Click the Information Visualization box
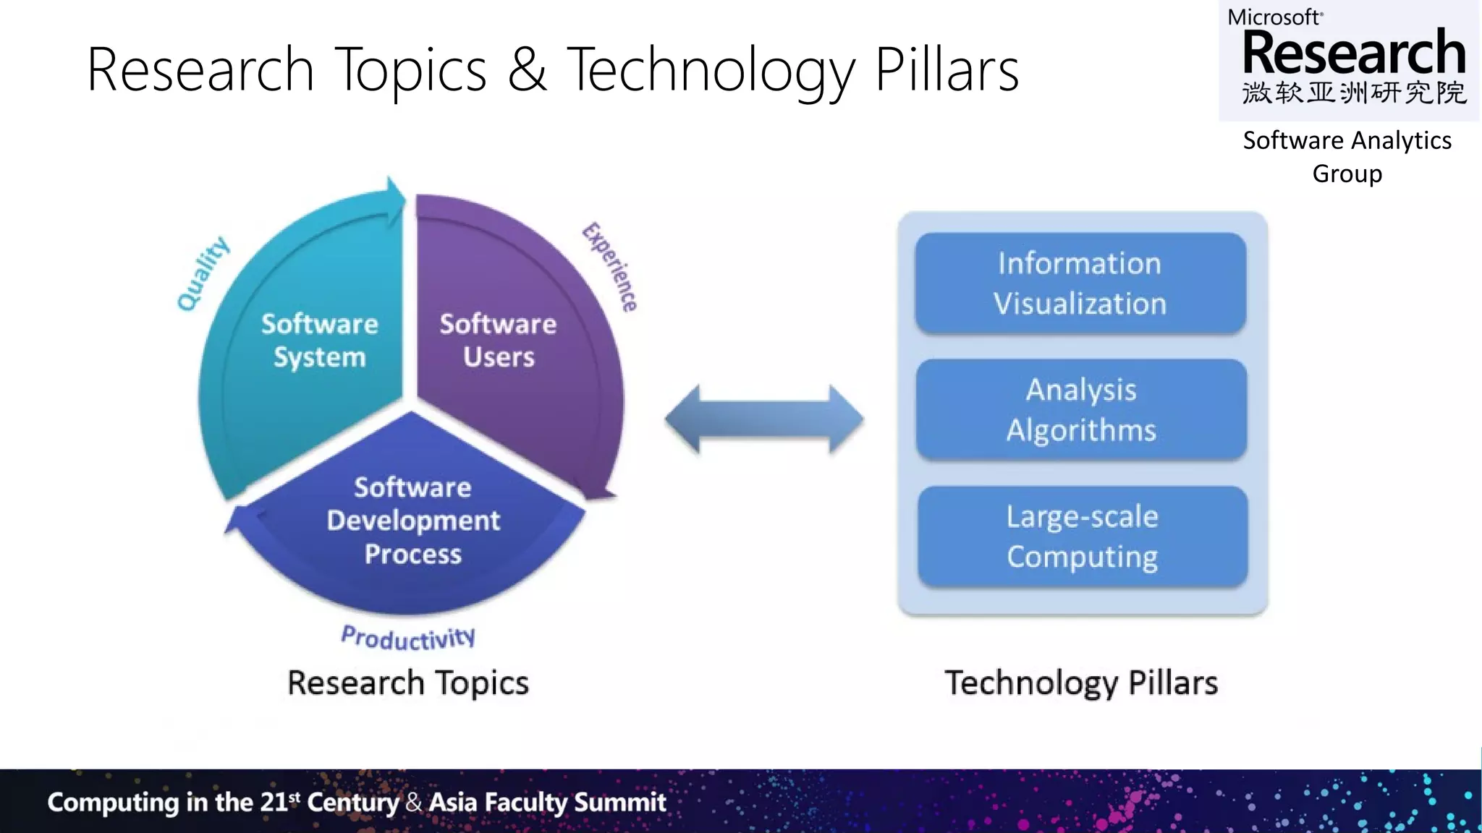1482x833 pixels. click(1080, 283)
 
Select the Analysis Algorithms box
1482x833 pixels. click(1081, 409)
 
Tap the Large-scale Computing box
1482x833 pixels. click(1083, 537)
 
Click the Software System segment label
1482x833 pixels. click(319, 341)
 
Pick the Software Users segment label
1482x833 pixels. click(499, 341)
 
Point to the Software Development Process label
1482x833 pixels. click(412, 521)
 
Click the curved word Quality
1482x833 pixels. click(203, 274)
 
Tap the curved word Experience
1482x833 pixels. click(611, 267)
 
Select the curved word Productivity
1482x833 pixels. click(408, 638)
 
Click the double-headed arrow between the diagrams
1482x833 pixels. click(764, 419)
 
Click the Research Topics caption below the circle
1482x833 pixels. click(408, 683)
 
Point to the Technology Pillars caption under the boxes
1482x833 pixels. click(1081, 683)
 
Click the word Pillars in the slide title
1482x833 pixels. click(947, 69)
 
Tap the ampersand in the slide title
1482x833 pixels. click(527, 69)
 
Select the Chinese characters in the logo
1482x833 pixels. click(1354, 93)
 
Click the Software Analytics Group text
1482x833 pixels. click(1347, 156)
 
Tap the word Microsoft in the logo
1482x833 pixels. click(1275, 17)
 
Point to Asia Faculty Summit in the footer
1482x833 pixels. click(547, 802)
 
